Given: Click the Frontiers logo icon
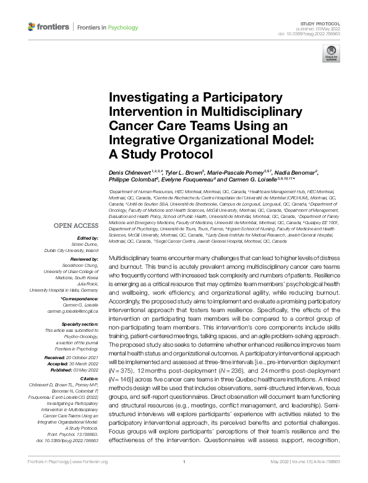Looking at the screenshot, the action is [32, 27].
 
